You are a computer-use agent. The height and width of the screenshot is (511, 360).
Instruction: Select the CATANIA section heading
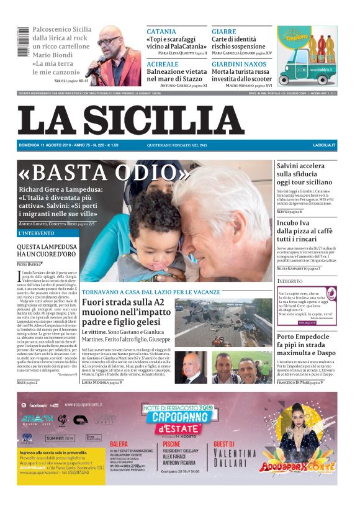(161, 32)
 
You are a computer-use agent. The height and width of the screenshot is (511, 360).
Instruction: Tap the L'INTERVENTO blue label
(38, 233)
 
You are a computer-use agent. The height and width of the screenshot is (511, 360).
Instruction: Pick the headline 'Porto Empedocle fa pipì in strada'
(307, 345)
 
